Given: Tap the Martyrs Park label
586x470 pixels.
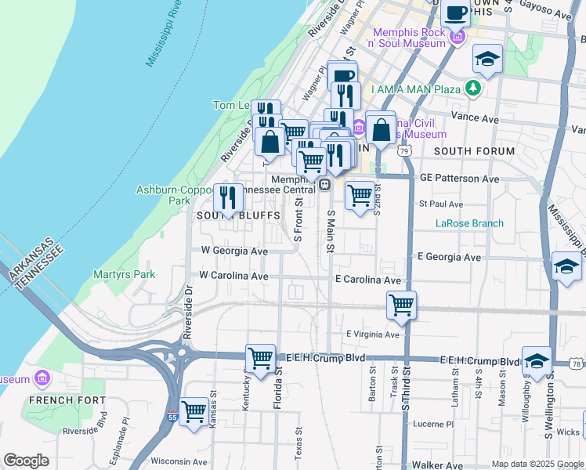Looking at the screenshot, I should click(123, 274).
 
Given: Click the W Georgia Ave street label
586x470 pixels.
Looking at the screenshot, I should click(234, 251).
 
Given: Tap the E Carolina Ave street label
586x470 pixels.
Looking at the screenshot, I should click(367, 280).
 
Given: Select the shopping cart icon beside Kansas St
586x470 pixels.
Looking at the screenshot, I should click(194, 410).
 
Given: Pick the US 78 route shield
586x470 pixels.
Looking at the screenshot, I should click(577, 363).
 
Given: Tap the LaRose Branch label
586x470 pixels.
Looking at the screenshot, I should click(469, 223).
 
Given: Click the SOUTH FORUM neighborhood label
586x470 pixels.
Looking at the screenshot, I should click(474, 151).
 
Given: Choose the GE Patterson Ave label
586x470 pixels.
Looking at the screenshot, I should click(459, 179).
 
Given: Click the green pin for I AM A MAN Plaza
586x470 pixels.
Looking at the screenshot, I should click(473, 89).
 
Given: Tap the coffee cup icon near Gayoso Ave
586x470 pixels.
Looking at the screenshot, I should click(457, 13).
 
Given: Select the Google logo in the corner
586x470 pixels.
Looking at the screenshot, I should click(26, 461).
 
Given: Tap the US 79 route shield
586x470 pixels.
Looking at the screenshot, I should click(404, 150).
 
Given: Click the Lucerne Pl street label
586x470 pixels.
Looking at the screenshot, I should click(432, 424).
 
